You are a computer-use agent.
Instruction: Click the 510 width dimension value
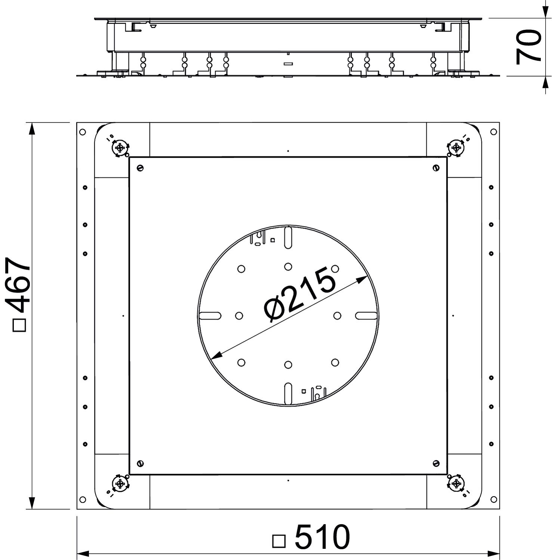[x=322, y=537]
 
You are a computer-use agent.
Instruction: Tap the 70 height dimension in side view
[x=528, y=47]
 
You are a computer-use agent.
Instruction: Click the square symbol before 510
[x=279, y=541]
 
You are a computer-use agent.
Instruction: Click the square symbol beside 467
[x=19, y=325]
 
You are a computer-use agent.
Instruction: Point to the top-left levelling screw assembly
[x=120, y=148]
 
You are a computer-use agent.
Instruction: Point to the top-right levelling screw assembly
[x=456, y=147]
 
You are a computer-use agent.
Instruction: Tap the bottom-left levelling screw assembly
[x=120, y=484]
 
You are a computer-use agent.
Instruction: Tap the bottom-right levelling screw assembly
[x=456, y=484]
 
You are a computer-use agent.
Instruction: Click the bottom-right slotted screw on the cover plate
[x=436, y=463]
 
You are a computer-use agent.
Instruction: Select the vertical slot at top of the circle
[x=288, y=237]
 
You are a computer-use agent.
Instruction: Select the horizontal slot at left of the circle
[x=210, y=316]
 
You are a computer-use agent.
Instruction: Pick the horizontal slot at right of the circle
[x=366, y=316]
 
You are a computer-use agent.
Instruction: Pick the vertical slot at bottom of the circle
[x=288, y=393]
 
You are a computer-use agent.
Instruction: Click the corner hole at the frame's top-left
[x=83, y=132]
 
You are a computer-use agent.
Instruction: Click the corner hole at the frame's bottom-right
[x=493, y=500]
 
